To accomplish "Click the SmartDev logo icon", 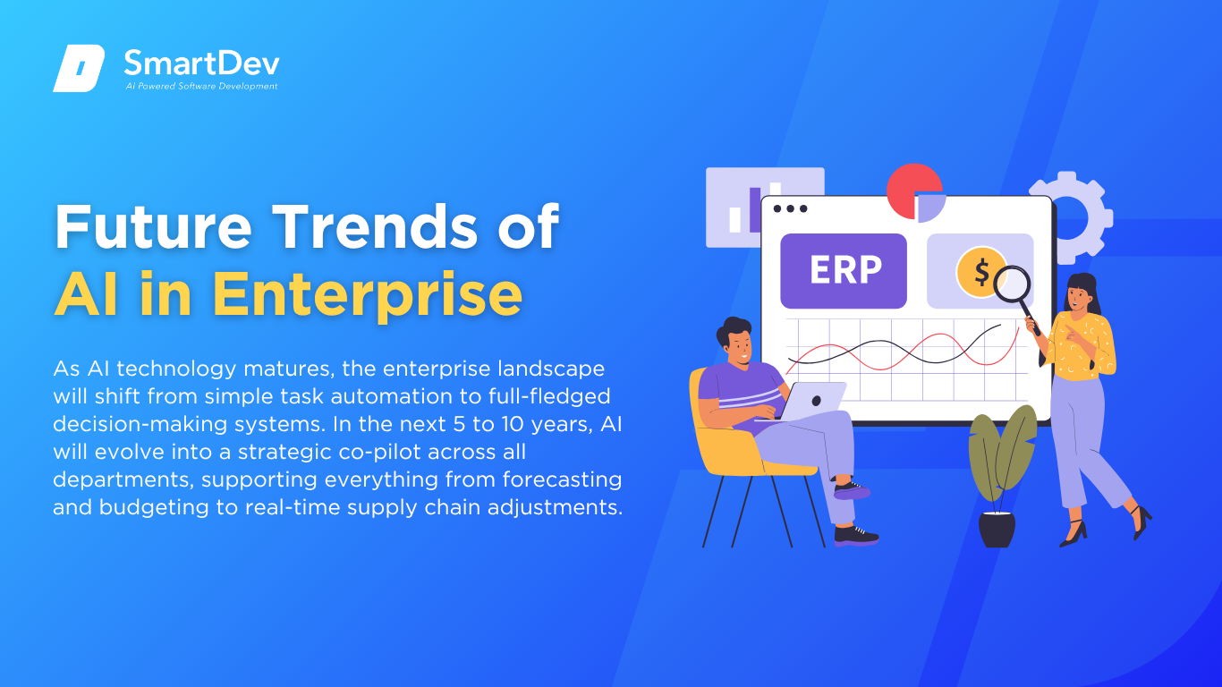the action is pos(79,68).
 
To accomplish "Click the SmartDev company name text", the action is pos(202,64).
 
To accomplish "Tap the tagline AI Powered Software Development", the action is pos(202,86).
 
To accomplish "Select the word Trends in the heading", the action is pos(375,226).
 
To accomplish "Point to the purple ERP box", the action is pos(844,271).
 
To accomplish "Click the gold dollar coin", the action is pos(980,272).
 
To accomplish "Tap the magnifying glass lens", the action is pos(1012,284).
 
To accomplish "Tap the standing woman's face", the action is pos(1076,299).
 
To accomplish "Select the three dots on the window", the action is pos(790,208).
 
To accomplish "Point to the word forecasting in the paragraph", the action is pos(562,479).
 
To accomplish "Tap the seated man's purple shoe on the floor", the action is pos(856,536).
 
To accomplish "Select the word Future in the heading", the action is pos(153,226).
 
